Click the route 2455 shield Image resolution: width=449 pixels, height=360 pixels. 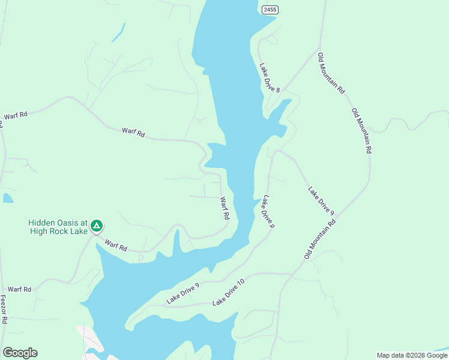point(270,10)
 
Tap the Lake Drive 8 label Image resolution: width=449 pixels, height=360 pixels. point(270,77)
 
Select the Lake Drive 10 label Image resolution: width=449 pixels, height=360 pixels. point(229,292)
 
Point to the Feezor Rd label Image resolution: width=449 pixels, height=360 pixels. point(3,309)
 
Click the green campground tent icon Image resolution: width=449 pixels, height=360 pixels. point(96,226)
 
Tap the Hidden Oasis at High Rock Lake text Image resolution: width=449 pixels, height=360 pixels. point(58,226)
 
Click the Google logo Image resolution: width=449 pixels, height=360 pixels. point(20,353)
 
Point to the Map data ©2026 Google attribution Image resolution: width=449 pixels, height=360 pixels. point(412,355)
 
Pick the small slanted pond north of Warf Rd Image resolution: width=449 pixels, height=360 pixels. point(119,32)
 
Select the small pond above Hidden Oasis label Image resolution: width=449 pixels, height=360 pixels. point(7,197)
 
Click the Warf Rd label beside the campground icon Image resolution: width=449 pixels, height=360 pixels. point(116,245)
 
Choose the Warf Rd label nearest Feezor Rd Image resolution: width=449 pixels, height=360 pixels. point(19,289)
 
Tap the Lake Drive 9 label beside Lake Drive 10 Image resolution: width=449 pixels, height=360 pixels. point(182,292)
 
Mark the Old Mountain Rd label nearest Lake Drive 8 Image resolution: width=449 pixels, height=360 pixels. point(331,73)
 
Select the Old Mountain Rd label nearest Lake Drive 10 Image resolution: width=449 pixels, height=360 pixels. point(320,239)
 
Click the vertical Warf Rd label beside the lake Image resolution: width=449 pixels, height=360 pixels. point(224,208)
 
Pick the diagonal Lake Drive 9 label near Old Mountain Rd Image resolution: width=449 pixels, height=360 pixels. point(321,200)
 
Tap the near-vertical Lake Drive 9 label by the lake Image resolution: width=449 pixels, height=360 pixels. point(268,212)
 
